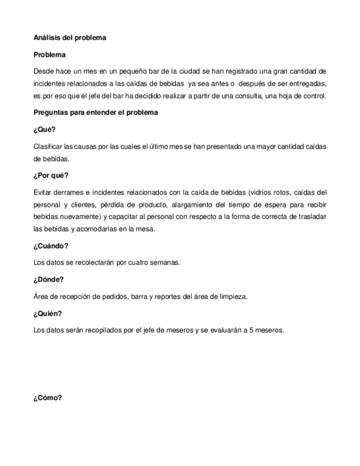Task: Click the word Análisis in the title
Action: (x=46, y=38)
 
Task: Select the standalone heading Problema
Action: (x=49, y=55)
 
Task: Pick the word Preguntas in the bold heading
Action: (x=51, y=112)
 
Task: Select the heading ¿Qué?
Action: (x=45, y=130)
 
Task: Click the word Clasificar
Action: (x=48, y=146)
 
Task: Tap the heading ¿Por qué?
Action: (x=51, y=176)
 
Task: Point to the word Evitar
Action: (x=42, y=192)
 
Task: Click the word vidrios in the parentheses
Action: (x=260, y=192)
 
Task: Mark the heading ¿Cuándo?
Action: (x=51, y=246)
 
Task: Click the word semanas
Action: (x=165, y=262)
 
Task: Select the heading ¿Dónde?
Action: (x=49, y=280)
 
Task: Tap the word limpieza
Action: (x=233, y=297)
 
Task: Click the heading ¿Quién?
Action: (x=48, y=313)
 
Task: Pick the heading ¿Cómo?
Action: (x=48, y=398)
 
